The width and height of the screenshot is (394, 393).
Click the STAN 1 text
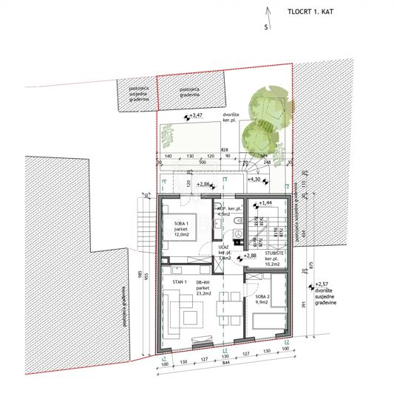[178, 282]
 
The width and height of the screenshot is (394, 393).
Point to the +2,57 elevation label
[324, 284]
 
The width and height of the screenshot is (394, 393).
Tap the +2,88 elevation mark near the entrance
[249, 256]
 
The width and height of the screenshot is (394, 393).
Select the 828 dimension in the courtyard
[223, 149]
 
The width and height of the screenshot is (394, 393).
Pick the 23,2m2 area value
[203, 294]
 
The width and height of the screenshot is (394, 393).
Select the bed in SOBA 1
[176, 222]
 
